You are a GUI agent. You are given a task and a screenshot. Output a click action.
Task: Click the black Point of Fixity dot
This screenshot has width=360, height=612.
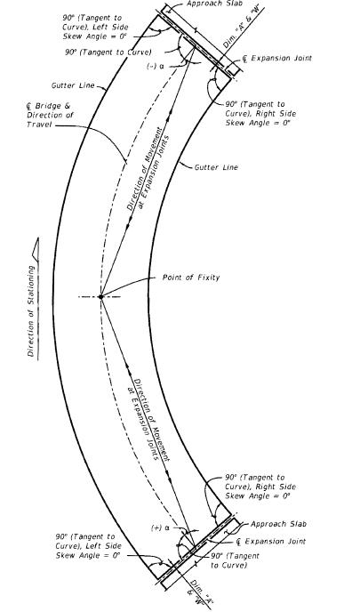point(100,297)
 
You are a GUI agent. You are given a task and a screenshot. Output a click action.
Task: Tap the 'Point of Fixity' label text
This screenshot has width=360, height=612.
point(191,278)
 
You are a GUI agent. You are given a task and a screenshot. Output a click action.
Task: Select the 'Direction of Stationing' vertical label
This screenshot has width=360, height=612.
point(31,311)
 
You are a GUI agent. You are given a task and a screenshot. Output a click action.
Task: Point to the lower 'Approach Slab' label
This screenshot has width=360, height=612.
point(278,524)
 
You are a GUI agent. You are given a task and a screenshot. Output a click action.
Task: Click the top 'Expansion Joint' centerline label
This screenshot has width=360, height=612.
point(277,59)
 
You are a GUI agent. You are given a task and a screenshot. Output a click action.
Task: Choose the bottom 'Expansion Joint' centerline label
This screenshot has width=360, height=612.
point(271,542)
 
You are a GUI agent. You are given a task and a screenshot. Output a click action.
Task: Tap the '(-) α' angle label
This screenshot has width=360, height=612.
point(156,67)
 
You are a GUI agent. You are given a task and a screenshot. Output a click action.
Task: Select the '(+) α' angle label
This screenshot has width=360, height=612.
point(160,528)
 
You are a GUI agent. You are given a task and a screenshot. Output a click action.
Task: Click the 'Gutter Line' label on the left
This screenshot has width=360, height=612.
point(73,85)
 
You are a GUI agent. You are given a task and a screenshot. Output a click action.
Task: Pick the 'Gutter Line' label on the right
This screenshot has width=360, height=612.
point(216,167)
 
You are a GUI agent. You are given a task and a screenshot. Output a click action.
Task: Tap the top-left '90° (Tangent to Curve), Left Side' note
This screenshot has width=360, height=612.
point(95,22)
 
